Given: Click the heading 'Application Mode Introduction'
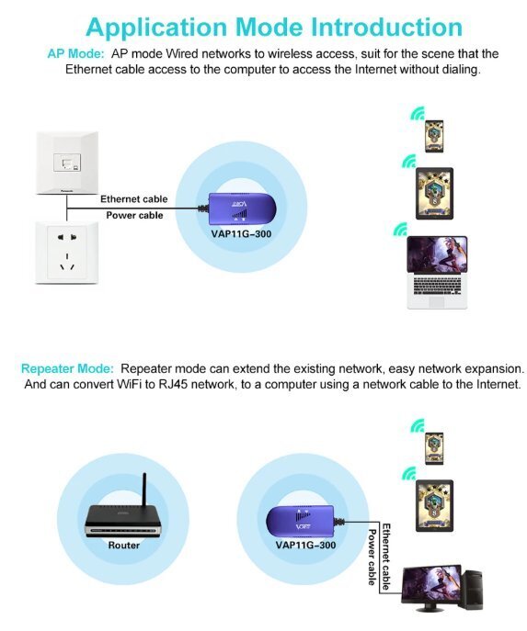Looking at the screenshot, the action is [x=274, y=28].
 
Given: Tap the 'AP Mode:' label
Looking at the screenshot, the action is [x=75, y=53].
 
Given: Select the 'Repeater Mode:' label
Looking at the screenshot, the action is [x=67, y=368].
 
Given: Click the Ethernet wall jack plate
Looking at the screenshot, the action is [x=67, y=163].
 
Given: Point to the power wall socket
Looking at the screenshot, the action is [x=67, y=253].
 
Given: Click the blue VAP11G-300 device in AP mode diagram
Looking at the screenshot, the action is [x=241, y=208].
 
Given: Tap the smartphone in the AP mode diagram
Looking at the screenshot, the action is [x=434, y=136].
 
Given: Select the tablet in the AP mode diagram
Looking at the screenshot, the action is [x=434, y=194].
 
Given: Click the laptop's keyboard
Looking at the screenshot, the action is [x=437, y=286].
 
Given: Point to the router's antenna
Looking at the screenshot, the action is [x=144, y=493].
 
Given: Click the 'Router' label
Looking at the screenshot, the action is [x=123, y=546].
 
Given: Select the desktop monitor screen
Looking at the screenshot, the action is [x=431, y=583].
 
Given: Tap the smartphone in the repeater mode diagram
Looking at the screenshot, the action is [x=434, y=449].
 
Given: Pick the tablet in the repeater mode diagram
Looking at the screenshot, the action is [x=434, y=506].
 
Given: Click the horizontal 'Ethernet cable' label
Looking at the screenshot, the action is [x=133, y=199].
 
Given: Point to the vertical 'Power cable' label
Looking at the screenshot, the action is [x=372, y=557].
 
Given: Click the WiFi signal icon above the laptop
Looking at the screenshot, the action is [x=400, y=229].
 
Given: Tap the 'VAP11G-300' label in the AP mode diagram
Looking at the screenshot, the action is [x=241, y=234].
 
